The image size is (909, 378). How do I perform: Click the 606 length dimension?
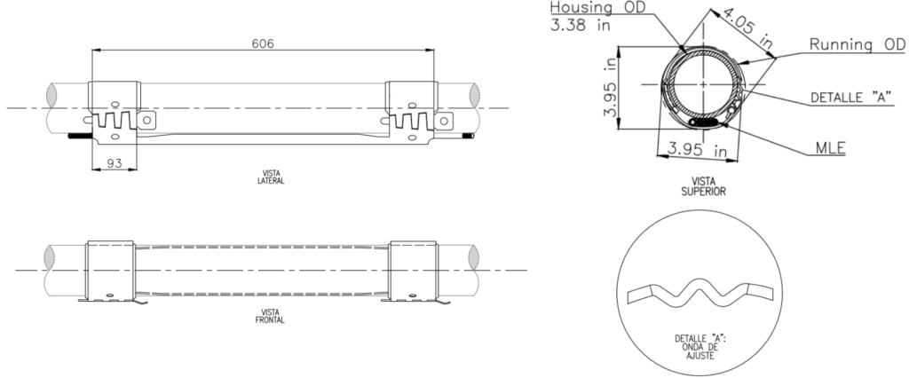coord(263,43)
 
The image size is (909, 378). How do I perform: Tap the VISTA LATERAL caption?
coord(263,177)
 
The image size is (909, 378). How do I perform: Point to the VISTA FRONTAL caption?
coord(263,315)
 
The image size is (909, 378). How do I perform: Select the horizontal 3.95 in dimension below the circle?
coord(700,150)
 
